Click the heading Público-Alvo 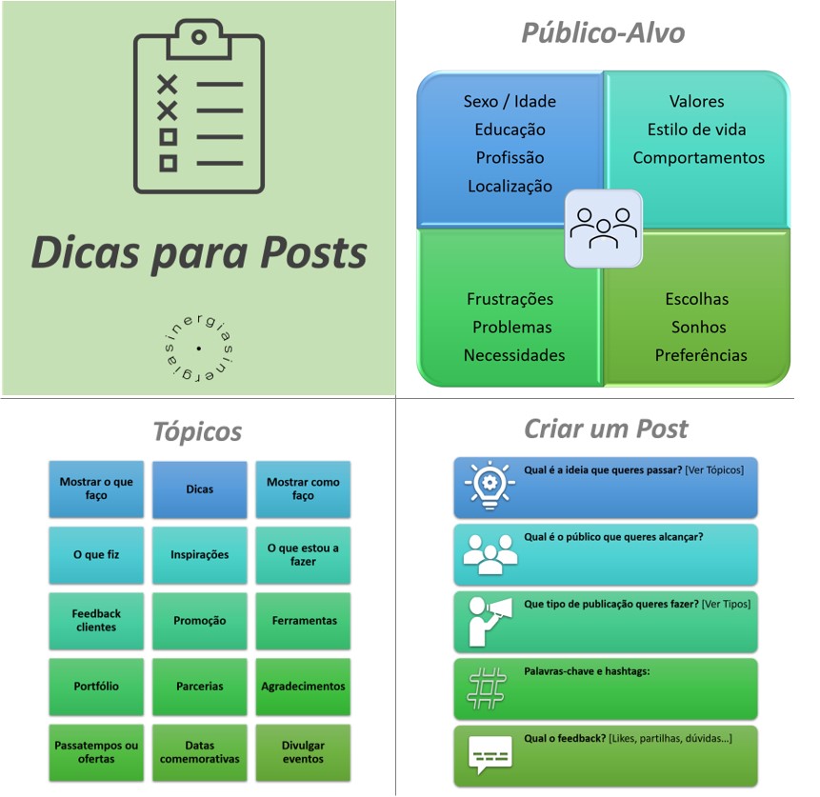tap(602, 33)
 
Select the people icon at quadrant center tap(603, 229)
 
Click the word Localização tap(510, 186)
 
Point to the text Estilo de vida tap(696, 130)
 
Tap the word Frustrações tap(510, 299)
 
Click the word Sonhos tap(698, 327)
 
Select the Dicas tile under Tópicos tap(200, 489)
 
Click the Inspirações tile tap(200, 555)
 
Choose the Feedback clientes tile tap(96, 621)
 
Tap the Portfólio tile tap(96, 686)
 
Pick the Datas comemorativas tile tap(200, 752)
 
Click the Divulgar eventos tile tap(303, 752)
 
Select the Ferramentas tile tap(303, 621)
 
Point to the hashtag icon tap(487, 687)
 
